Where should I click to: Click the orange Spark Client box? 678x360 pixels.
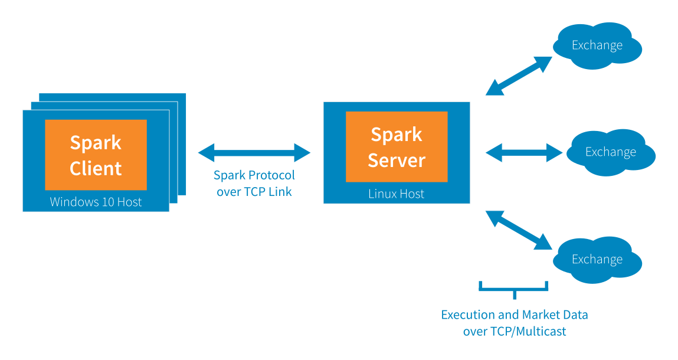click(96, 155)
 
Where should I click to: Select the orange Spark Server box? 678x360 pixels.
click(397, 146)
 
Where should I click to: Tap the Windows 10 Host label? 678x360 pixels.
click(96, 202)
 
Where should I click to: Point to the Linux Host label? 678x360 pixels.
click(396, 194)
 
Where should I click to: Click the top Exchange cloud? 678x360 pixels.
click(597, 45)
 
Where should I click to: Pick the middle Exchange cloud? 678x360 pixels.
click(611, 152)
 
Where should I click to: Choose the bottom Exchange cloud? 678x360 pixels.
click(597, 260)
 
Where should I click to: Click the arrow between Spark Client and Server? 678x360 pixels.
click(254, 153)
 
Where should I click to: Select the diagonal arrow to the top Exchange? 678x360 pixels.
click(519, 76)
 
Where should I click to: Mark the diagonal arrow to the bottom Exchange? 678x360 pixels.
click(519, 230)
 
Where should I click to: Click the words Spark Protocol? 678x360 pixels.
click(254, 175)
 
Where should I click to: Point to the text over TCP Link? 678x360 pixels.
click(254, 191)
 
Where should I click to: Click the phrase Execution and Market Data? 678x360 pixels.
click(515, 315)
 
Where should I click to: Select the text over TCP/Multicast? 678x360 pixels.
click(515, 331)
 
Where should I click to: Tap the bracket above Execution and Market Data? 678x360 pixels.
click(515, 289)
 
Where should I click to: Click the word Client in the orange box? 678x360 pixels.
click(96, 168)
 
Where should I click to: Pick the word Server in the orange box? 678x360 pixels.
click(397, 160)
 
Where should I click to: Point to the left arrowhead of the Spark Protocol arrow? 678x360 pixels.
click(204, 153)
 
